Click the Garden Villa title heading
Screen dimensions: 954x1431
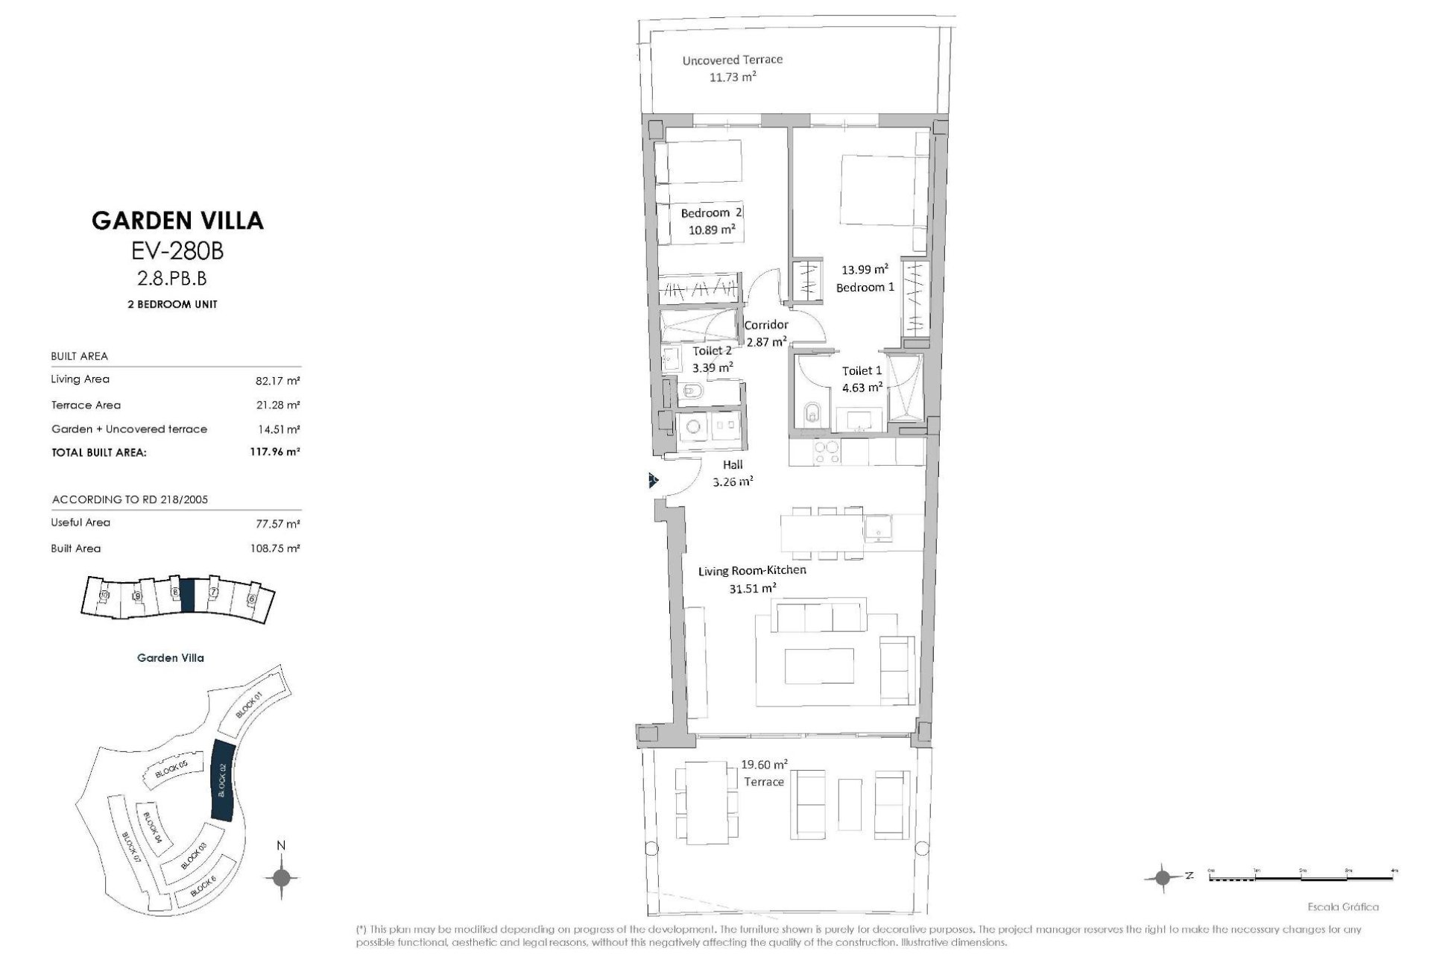coord(177,221)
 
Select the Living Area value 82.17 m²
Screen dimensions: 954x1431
coord(277,380)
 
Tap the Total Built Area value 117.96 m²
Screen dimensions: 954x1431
coord(274,452)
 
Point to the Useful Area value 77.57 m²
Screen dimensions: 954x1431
coord(277,523)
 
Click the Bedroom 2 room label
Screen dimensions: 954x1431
coord(711,213)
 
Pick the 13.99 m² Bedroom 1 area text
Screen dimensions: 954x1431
coord(865,270)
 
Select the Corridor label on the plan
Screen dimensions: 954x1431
coord(766,326)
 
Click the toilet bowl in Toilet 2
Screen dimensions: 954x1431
coord(692,391)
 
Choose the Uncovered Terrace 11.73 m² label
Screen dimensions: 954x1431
coord(732,68)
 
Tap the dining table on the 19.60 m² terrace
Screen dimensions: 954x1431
coord(707,802)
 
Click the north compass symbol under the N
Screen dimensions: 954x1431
coord(281,877)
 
